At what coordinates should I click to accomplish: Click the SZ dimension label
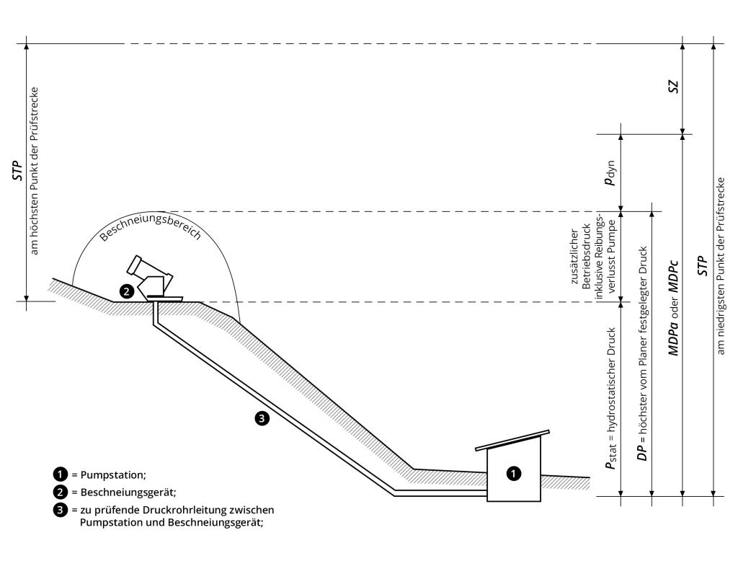tap(674, 87)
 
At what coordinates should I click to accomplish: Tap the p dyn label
tap(610, 173)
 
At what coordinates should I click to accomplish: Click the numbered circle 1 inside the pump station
tap(513, 473)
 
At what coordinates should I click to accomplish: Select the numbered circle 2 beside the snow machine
tap(126, 291)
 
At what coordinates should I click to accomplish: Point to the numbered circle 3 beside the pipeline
tap(262, 418)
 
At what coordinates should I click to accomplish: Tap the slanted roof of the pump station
tap(512, 441)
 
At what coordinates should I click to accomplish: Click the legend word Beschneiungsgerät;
tap(128, 492)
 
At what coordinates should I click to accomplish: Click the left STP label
tap(18, 170)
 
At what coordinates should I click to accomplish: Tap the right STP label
tap(702, 265)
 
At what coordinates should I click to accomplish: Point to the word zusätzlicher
tap(574, 257)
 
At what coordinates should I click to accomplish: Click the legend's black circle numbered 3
tap(61, 510)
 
